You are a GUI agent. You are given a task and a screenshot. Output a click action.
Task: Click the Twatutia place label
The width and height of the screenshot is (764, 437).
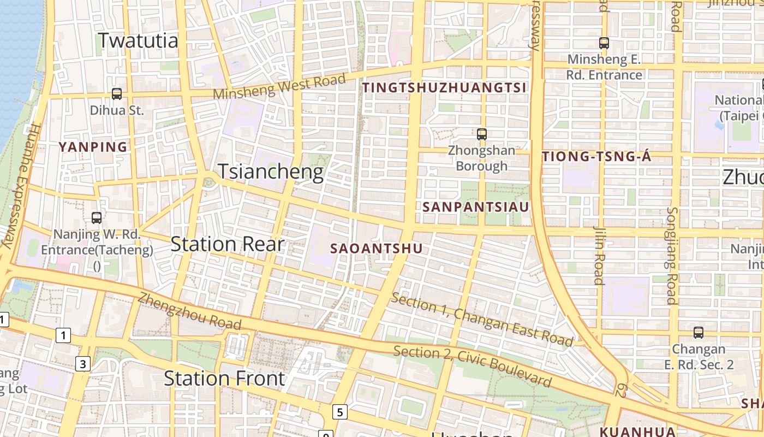coord(139,40)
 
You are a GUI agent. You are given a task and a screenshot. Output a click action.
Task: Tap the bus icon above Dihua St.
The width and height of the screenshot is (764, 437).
coord(117,93)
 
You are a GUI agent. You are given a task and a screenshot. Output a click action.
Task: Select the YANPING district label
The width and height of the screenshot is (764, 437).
coord(93,147)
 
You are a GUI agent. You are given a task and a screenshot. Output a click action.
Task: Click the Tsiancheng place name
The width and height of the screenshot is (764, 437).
coord(271,172)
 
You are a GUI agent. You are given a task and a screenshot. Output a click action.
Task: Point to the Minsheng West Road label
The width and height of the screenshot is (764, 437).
coord(279,86)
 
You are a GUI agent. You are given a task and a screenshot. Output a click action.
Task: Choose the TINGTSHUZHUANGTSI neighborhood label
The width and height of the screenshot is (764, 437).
coord(445,87)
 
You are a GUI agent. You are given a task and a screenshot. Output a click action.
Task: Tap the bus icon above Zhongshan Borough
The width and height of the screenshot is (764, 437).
coord(481,134)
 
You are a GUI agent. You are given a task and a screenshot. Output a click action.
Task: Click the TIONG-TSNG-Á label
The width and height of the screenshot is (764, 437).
coord(596,157)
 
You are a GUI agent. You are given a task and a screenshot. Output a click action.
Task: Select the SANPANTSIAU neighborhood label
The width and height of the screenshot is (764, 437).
coord(476,207)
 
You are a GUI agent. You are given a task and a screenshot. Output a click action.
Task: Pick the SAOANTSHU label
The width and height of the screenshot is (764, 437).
coord(377,249)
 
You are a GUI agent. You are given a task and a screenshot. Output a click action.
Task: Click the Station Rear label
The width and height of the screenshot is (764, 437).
coord(228,244)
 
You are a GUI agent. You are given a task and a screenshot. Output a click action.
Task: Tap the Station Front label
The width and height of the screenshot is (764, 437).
coord(224,379)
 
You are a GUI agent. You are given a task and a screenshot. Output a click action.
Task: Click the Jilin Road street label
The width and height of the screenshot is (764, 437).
coord(599,255)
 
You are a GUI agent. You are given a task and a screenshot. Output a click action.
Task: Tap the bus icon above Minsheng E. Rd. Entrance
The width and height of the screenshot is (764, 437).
coord(604,43)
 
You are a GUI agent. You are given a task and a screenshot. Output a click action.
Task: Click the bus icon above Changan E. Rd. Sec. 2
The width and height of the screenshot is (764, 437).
coord(698,332)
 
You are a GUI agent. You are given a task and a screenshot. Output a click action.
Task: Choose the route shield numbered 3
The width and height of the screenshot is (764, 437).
coord(82,364)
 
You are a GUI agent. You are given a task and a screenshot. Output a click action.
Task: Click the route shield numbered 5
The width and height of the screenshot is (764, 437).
coord(340,412)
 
